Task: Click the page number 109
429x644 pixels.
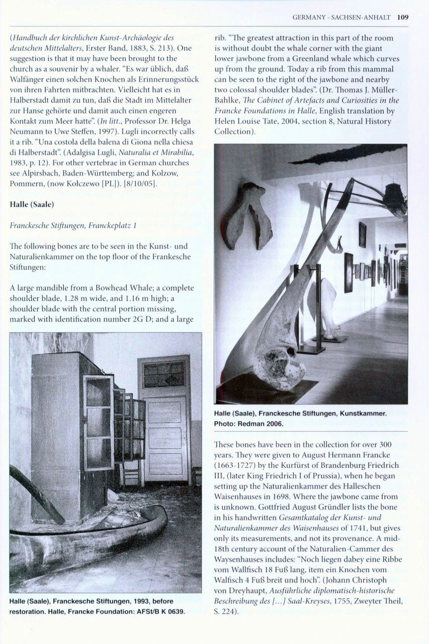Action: pyautogui.click(x=402, y=17)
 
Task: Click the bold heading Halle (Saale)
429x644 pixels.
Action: pyautogui.click(x=32, y=205)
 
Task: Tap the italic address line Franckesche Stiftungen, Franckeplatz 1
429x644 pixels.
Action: pyautogui.click(x=73, y=226)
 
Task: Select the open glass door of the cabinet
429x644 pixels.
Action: pyautogui.click(x=98, y=423)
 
